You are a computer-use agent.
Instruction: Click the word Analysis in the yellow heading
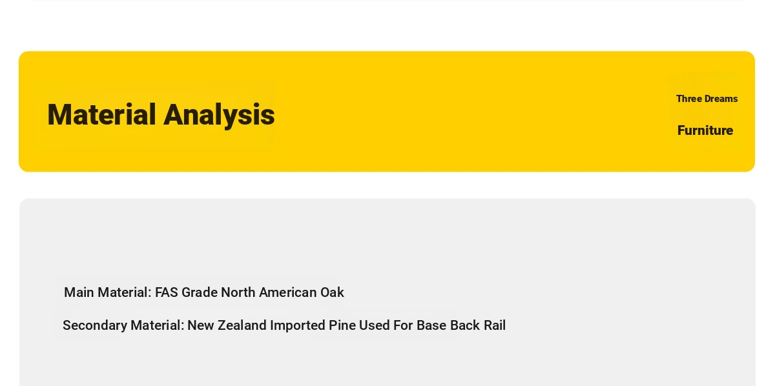(x=219, y=115)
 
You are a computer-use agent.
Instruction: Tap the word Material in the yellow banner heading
(x=101, y=114)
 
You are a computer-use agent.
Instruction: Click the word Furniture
(x=705, y=130)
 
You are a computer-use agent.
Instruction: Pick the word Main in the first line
(x=79, y=292)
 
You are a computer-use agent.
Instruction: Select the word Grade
(x=200, y=292)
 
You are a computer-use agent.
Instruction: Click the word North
(x=238, y=292)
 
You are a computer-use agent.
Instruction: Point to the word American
(x=288, y=292)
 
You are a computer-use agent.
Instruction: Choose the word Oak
(x=332, y=292)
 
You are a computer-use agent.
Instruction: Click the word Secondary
(x=95, y=326)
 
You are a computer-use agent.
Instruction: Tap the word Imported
(x=298, y=326)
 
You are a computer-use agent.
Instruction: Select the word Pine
(x=342, y=325)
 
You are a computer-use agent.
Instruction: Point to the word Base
(x=431, y=325)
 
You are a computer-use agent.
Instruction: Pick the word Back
(x=465, y=325)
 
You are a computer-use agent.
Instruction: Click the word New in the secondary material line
(x=201, y=325)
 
